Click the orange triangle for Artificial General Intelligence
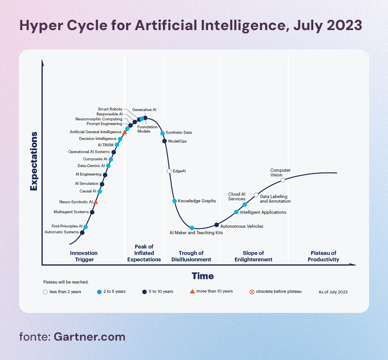pyautogui.click(x=125, y=132)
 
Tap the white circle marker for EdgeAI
pyautogui.click(x=169, y=171)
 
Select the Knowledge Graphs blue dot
pyautogui.click(x=175, y=201)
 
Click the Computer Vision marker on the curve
pyautogui.click(x=283, y=180)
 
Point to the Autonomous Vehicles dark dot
pyautogui.click(x=216, y=225)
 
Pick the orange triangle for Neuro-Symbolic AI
pyautogui.click(x=96, y=202)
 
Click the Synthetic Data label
pyautogui.click(x=178, y=132)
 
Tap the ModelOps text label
pyautogui.click(x=178, y=141)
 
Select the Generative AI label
pyautogui.click(x=144, y=110)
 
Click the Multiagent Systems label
pyautogui.click(x=71, y=212)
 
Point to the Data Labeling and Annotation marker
pyautogui.click(x=256, y=195)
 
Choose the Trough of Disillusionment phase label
pyautogui.click(x=191, y=256)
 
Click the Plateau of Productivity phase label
pyautogui.click(x=323, y=256)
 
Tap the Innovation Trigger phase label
pyautogui.click(x=84, y=256)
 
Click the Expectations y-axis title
pyautogui.click(x=33, y=161)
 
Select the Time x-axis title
pyautogui.click(x=203, y=276)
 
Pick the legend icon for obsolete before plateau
pyautogui.click(x=252, y=292)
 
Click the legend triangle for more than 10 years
pyautogui.click(x=192, y=292)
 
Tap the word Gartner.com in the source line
pyautogui.click(x=90, y=337)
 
